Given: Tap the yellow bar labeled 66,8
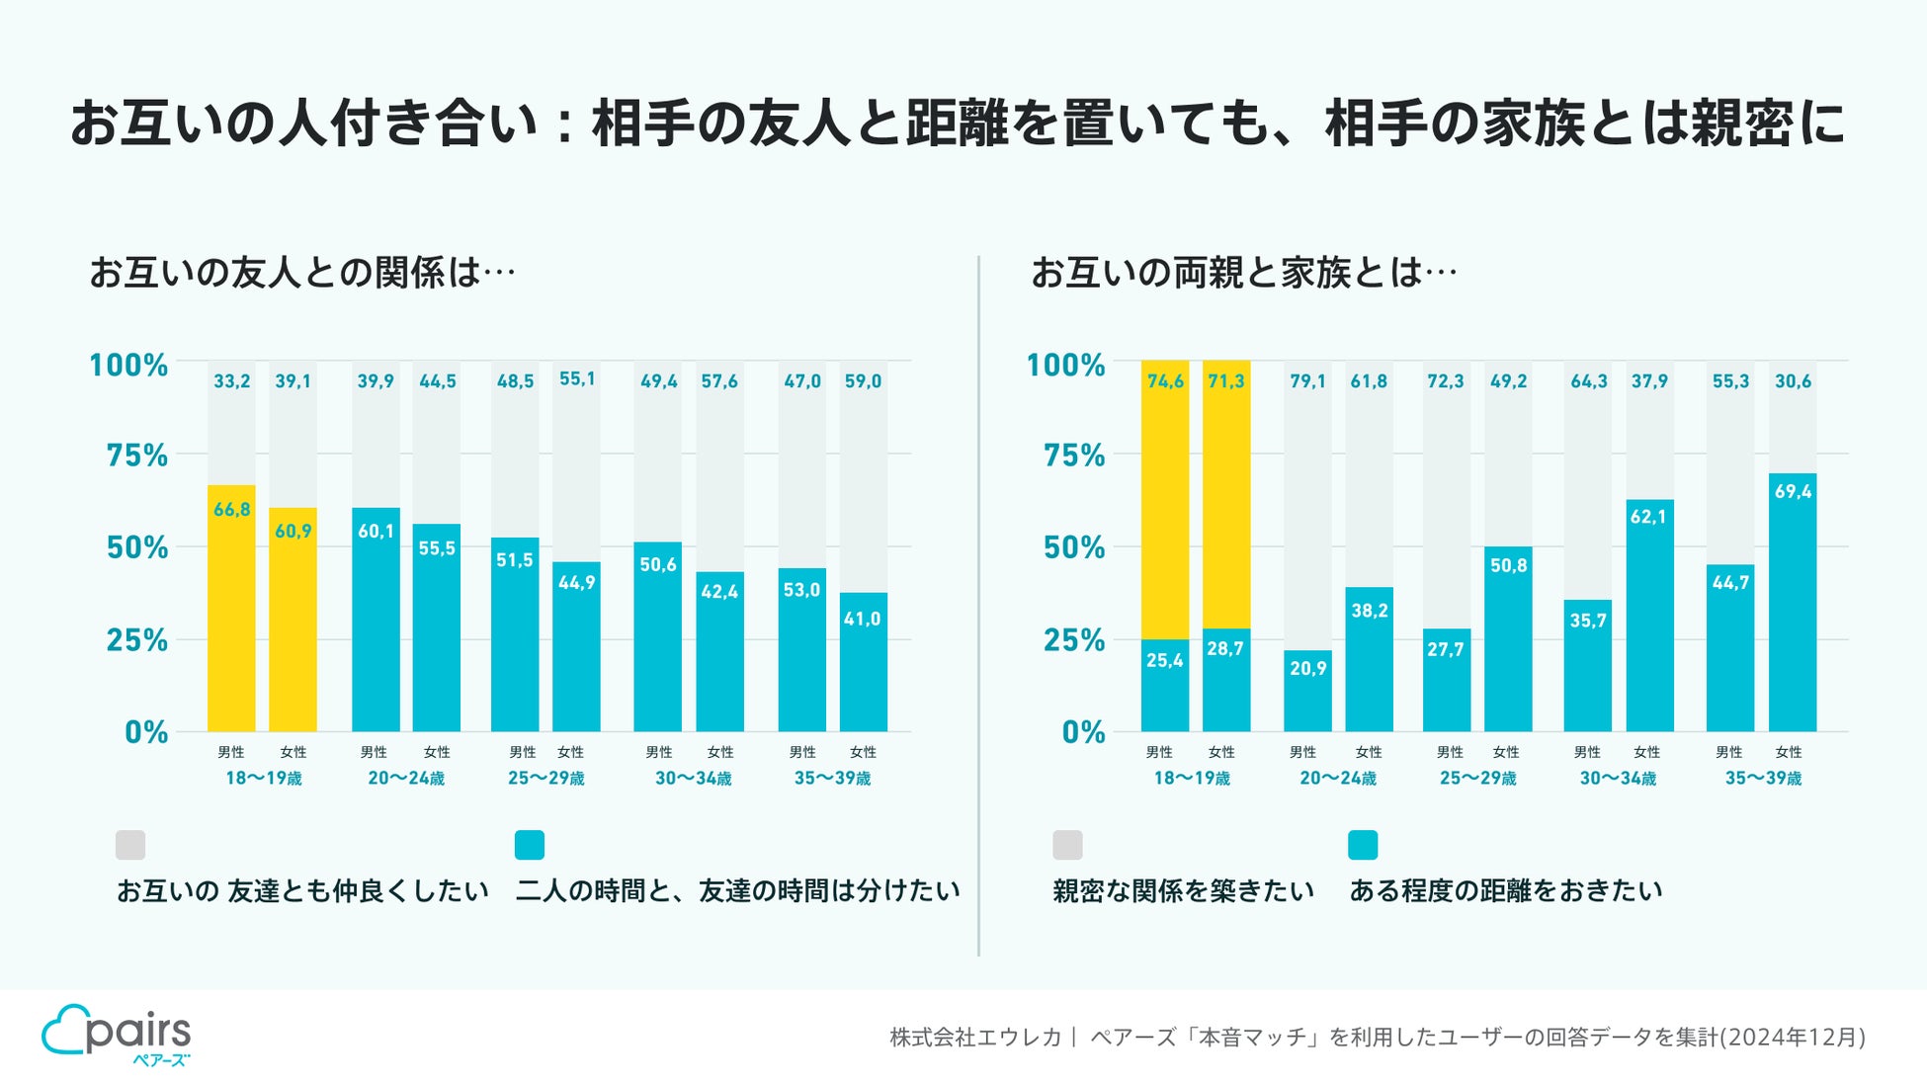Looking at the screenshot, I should (231, 608).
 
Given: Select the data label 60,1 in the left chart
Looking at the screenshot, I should (376, 532).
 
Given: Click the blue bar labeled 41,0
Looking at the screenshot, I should (863, 662).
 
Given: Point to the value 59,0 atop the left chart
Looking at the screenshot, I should (863, 381).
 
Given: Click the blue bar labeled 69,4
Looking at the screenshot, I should (1792, 603).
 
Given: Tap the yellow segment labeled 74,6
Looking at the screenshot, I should (1165, 499).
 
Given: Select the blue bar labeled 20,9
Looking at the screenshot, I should (1307, 692).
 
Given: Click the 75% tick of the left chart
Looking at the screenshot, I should (137, 456).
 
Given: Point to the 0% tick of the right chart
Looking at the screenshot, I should (1083, 732).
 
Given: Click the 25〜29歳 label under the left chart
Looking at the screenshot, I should (546, 779).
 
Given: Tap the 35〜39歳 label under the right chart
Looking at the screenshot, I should (1763, 779).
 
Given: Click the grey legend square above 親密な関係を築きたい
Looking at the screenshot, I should (1067, 845).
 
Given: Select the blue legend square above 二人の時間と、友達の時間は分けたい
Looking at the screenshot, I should (530, 845).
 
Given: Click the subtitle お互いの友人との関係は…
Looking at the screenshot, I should (302, 273).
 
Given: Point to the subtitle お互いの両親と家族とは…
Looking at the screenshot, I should (1243, 273).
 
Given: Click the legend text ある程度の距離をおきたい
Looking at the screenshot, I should (1505, 891).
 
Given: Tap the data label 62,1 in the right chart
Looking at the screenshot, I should (1648, 517).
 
